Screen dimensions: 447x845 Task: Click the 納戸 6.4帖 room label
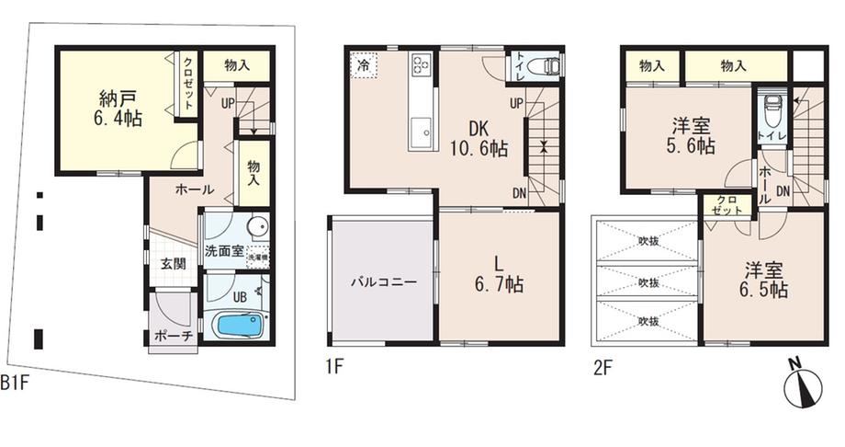tap(114, 108)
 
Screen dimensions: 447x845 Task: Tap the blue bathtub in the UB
tap(236, 326)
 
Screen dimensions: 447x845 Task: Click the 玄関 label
tap(173, 264)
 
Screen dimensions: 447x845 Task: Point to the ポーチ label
tap(173, 337)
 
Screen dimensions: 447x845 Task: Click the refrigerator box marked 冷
tap(363, 66)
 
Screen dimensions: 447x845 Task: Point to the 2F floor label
tap(603, 368)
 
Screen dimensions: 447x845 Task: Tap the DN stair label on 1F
tap(519, 192)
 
